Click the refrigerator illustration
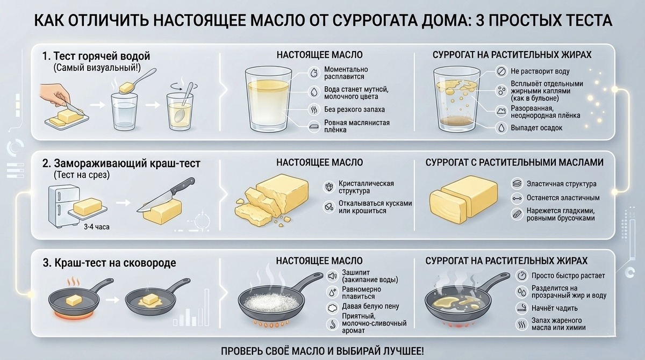click(64, 206)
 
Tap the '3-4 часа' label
click(97, 227)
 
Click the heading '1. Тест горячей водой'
click(96, 56)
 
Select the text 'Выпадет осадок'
click(536, 128)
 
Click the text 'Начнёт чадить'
click(555, 308)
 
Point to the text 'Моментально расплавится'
click(346, 73)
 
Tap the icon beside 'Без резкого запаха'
click(313, 110)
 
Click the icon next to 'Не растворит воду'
click(501, 71)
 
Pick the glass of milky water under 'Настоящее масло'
click(268, 99)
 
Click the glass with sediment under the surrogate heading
click(457, 99)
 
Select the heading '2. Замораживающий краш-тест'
click(121, 163)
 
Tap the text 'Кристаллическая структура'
click(366, 187)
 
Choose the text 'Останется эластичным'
click(563, 198)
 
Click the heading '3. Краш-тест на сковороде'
click(109, 263)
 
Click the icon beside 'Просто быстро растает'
click(521, 276)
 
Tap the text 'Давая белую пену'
click(370, 306)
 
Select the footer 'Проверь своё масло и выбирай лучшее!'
click(322, 351)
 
